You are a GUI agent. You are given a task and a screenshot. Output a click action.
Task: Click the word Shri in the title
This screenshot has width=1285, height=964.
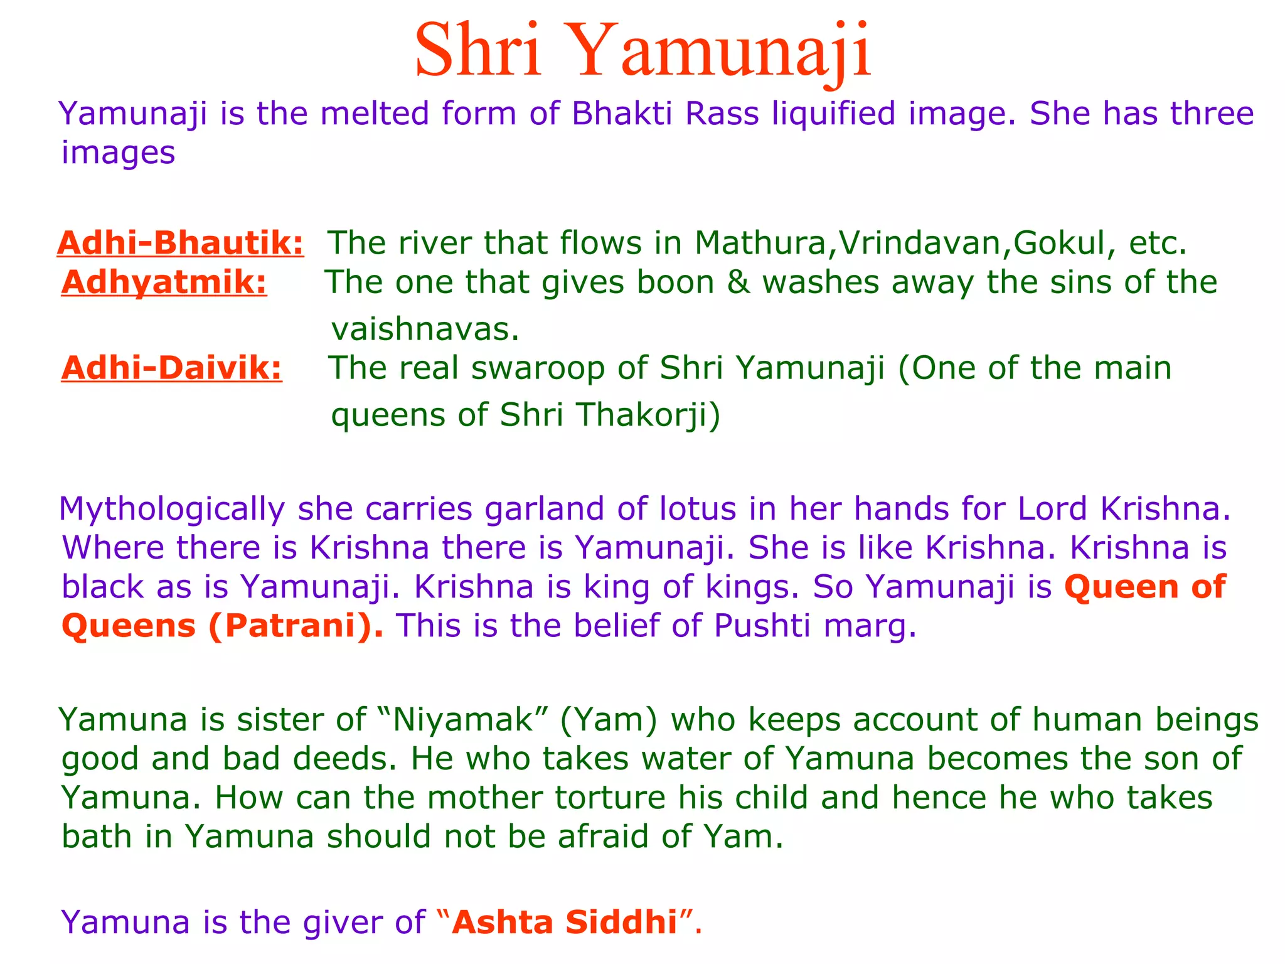point(478,50)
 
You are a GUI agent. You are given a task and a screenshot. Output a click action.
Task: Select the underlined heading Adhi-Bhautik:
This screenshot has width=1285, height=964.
point(181,243)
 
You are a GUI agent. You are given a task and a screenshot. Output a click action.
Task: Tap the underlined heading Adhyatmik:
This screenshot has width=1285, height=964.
point(164,282)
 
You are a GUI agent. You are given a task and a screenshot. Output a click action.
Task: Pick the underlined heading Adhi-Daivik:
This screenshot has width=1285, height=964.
point(172,368)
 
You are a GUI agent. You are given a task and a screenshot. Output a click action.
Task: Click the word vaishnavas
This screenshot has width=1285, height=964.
point(425,329)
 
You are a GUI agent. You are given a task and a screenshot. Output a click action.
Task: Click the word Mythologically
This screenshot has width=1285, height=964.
point(172,508)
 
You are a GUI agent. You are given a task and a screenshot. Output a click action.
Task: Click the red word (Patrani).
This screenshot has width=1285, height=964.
point(296,626)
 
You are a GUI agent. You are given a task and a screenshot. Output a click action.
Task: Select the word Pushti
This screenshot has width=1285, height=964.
point(762,626)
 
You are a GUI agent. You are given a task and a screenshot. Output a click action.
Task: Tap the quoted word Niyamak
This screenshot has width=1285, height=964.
point(462,719)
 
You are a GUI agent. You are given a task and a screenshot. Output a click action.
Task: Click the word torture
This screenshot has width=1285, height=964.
point(610,798)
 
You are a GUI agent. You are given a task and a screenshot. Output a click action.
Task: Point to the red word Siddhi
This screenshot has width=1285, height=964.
point(621,922)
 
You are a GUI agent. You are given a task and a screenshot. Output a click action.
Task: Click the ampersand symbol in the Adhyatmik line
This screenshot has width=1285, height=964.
point(738,282)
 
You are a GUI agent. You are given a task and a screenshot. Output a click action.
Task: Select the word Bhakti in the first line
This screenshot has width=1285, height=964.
point(622,114)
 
